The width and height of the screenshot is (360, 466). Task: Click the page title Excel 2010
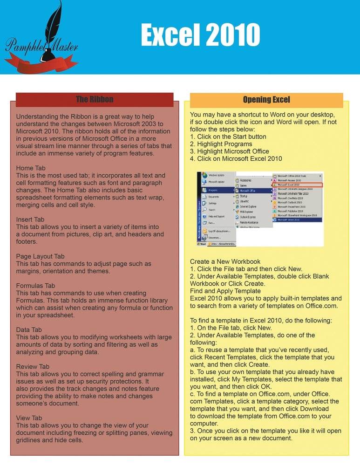200,35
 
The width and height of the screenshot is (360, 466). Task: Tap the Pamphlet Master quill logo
41,40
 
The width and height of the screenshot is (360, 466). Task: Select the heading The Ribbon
95,99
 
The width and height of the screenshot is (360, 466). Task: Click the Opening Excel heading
266,99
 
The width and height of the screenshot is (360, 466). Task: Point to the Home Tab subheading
31,168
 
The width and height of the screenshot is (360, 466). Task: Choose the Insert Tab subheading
30,219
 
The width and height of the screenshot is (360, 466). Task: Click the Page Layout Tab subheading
40,256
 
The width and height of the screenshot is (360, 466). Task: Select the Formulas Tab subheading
35,285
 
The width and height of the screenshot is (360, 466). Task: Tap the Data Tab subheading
29,329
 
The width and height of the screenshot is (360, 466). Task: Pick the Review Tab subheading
33,366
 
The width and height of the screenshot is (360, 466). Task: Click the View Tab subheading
29,418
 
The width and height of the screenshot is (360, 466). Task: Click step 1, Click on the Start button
228,137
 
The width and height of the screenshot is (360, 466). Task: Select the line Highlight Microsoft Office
230,151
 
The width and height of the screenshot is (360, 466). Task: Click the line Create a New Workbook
225,261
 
